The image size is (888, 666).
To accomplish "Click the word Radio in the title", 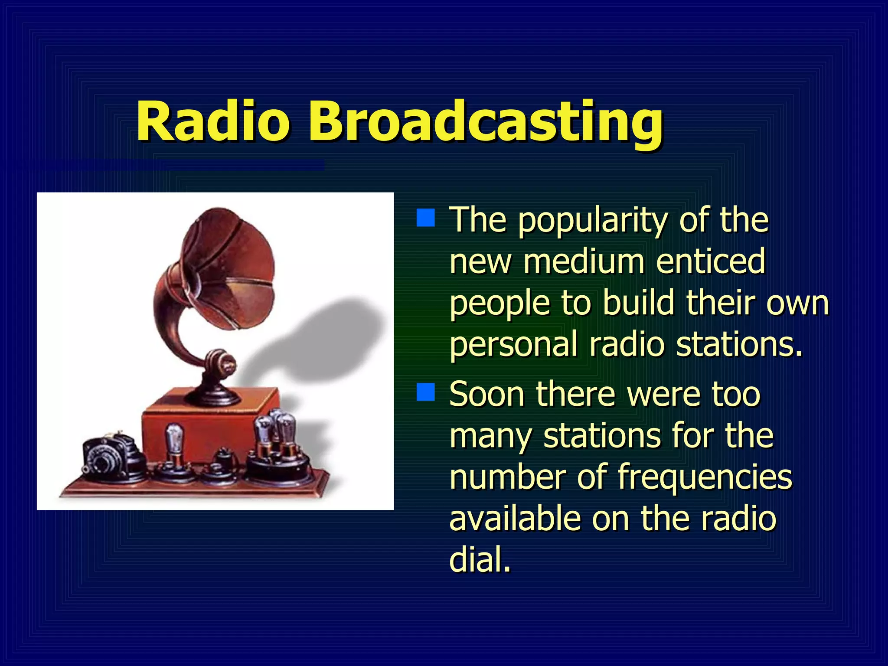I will pyautogui.click(x=212, y=121).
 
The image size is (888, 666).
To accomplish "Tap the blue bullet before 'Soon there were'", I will pyautogui.click(x=425, y=392).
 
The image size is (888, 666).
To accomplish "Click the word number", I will pyautogui.click(x=507, y=477).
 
